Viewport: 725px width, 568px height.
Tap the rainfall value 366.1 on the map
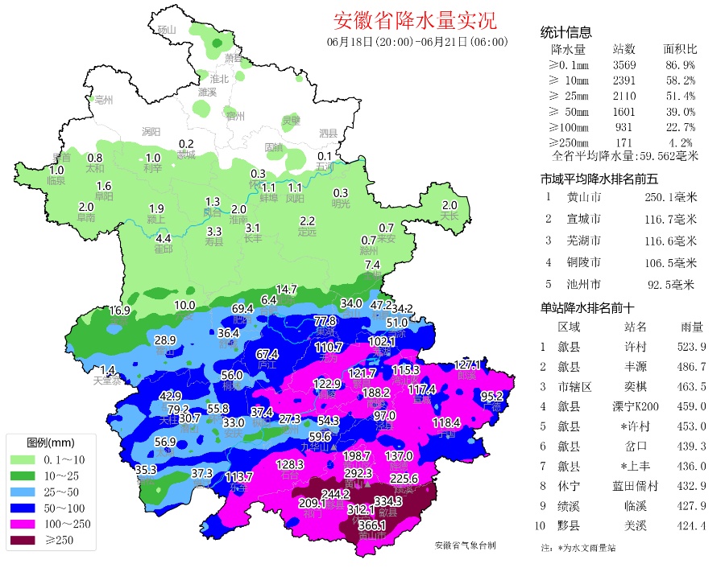(x=371, y=525)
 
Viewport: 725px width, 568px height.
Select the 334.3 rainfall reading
(x=411, y=501)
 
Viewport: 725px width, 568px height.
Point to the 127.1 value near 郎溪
(x=467, y=364)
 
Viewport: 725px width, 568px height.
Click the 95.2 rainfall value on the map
(x=492, y=396)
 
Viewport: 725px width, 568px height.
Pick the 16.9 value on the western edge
(x=120, y=311)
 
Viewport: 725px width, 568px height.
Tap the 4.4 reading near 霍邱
(x=164, y=239)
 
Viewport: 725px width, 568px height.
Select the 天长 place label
(x=449, y=216)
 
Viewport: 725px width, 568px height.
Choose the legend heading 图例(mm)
(x=51, y=443)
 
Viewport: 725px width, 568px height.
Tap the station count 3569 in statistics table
(x=624, y=64)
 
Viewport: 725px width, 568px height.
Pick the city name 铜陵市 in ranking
(x=583, y=262)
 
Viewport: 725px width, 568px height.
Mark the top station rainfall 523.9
(x=690, y=347)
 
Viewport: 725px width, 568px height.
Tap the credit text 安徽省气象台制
(x=465, y=545)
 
